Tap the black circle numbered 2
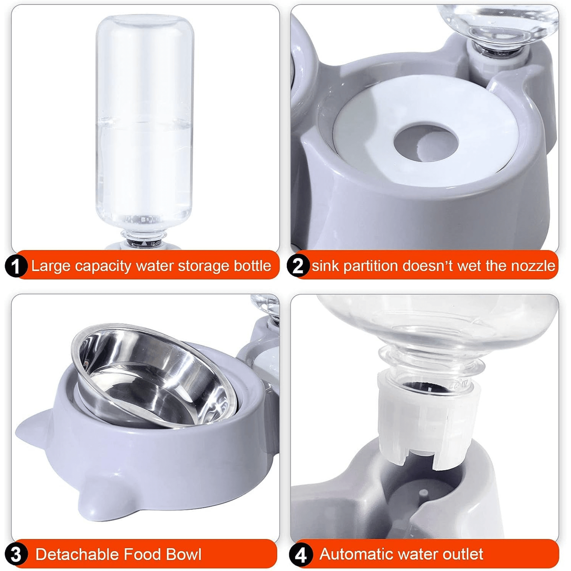point(298,266)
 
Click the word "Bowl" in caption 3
point(184,554)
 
